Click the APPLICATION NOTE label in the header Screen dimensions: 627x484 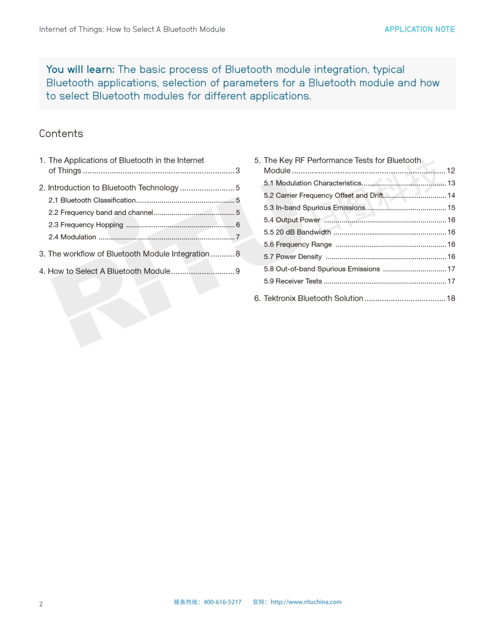pyautogui.click(x=419, y=29)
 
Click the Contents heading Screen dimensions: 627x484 pyautogui.click(x=61, y=134)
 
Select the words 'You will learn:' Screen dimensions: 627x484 pyautogui.click(x=80, y=69)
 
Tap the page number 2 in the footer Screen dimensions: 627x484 pyautogui.click(x=41, y=604)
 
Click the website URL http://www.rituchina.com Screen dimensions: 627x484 pyautogui.click(x=306, y=602)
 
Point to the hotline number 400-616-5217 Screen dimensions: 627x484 pyautogui.click(x=222, y=602)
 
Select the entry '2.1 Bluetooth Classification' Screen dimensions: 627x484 pyautogui.click(x=92, y=200)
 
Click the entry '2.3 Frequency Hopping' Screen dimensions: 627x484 pyautogui.click(x=85, y=225)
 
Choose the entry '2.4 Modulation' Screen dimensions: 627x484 pyautogui.click(x=72, y=237)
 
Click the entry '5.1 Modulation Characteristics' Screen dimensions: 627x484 pyautogui.click(x=313, y=183)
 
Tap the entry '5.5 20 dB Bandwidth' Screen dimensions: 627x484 pyautogui.click(x=297, y=232)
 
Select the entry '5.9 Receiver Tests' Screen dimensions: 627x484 pyautogui.click(x=293, y=281)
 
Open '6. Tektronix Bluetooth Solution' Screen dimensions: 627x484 pyautogui.click(x=308, y=298)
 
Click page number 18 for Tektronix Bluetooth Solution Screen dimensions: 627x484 pyautogui.click(x=451, y=298)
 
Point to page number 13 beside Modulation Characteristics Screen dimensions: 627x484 pyautogui.click(x=451, y=183)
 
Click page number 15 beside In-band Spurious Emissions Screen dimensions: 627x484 pyautogui.click(x=451, y=208)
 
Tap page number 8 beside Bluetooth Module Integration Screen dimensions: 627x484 pyautogui.click(x=237, y=254)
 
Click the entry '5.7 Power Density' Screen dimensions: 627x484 pyautogui.click(x=293, y=257)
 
